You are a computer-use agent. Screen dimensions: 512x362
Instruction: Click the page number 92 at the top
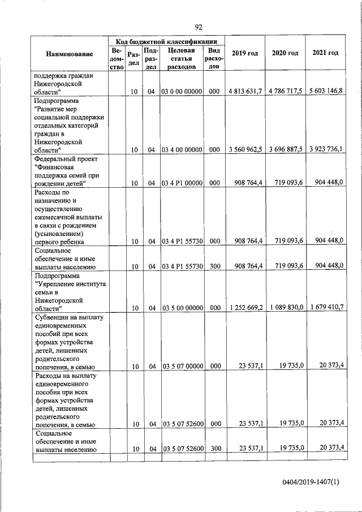[x=199, y=27]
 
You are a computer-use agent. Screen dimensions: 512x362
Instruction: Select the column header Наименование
[x=70, y=54]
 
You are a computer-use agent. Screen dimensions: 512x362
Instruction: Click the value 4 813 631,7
[x=245, y=91]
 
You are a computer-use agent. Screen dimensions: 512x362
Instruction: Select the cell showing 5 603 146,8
[x=325, y=91]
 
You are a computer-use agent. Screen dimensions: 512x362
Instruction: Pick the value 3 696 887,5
[x=286, y=150]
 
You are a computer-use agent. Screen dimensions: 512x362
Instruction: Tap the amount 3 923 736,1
[x=325, y=149]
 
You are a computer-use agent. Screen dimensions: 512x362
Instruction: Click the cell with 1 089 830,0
[x=286, y=308]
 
